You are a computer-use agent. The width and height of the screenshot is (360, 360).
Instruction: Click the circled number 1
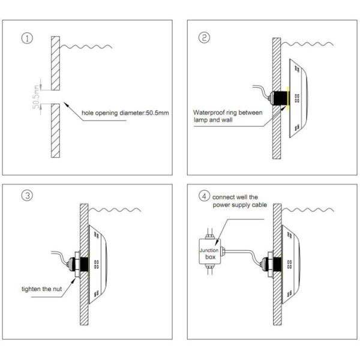[x=27, y=38]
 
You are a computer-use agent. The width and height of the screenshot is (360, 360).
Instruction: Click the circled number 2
[x=204, y=38]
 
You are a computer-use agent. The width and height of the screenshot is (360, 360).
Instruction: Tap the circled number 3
[x=27, y=196]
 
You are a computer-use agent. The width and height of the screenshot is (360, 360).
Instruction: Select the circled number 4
[x=204, y=197]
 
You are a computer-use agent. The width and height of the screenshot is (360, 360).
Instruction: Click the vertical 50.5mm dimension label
[x=37, y=97]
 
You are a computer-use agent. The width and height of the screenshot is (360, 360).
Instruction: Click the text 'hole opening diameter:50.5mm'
[x=125, y=113]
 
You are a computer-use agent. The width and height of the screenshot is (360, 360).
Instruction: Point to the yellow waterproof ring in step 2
[x=288, y=98]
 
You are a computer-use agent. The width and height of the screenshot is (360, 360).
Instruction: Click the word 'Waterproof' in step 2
[x=209, y=113]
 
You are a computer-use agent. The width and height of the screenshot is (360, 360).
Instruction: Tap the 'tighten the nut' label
[x=41, y=289]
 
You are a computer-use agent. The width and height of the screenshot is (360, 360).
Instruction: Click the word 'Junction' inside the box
[x=209, y=250]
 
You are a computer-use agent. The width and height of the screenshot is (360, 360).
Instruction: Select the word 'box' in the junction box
[x=211, y=257]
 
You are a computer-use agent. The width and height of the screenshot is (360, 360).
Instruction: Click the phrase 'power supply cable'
[x=239, y=205]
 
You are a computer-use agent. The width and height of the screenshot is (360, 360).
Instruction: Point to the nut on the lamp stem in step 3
[x=77, y=265]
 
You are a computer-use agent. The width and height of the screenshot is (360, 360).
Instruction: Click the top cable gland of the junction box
[x=209, y=236]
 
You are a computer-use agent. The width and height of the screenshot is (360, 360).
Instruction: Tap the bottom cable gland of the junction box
[x=209, y=266]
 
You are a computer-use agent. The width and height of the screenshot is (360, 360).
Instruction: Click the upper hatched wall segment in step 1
[x=55, y=63]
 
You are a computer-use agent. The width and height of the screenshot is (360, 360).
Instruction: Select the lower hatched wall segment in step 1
[x=55, y=131]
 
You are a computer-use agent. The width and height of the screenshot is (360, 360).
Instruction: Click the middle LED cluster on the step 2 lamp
[x=297, y=98]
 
